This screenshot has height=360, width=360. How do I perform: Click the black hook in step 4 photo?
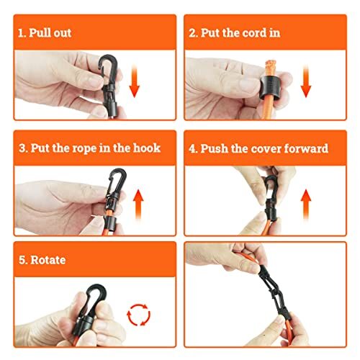270,189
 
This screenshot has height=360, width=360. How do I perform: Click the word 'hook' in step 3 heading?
145,148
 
